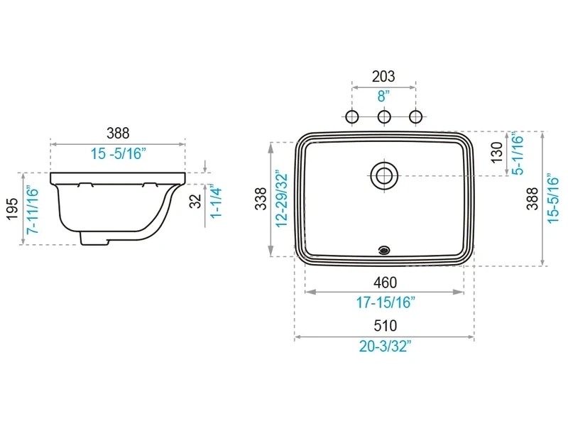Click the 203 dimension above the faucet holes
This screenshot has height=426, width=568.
383,77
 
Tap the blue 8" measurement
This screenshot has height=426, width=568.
383,97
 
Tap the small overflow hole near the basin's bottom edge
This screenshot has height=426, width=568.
384,250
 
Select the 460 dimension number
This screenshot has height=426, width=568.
385,283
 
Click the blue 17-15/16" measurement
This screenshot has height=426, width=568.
386,302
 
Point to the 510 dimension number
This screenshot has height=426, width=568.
385,326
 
